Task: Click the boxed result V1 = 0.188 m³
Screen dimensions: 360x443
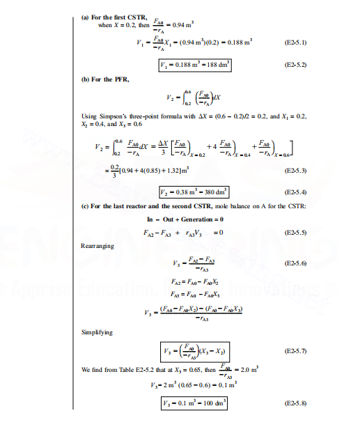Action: (196, 65)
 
